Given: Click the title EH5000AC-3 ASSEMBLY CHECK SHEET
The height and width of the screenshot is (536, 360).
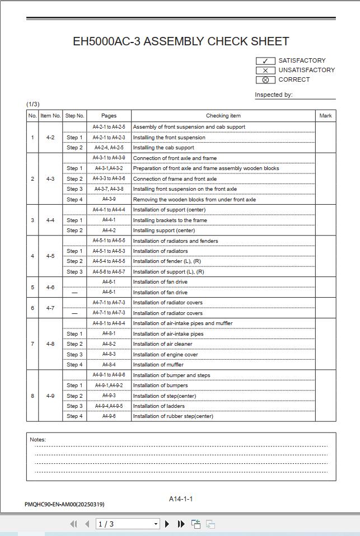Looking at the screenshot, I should click(181, 41).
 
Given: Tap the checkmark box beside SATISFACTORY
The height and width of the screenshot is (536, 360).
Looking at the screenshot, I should click(265, 61).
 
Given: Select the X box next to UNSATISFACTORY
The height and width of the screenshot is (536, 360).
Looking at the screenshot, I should click(265, 70).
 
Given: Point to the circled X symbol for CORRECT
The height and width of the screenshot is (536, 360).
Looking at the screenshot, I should click(265, 80).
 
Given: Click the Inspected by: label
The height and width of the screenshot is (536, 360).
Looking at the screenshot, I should click(273, 95).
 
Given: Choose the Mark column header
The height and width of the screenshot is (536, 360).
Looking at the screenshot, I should click(325, 116).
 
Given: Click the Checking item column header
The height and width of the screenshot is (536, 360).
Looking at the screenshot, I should click(223, 116).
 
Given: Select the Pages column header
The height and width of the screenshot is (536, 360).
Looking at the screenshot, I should click(109, 116).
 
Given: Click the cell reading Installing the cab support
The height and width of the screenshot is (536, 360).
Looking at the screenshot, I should click(163, 148).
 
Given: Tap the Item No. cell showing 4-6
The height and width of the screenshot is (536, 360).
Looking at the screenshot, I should click(50, 287).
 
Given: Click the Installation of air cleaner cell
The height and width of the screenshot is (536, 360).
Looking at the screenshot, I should click(162, 344).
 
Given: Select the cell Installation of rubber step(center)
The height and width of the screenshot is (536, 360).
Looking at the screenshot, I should click(173, 416).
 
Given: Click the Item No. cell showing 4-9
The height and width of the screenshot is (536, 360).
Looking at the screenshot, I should click(50, 396).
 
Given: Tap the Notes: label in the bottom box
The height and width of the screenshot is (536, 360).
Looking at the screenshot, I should click(38, 440).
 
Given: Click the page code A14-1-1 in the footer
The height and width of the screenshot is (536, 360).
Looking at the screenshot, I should click(181, 499).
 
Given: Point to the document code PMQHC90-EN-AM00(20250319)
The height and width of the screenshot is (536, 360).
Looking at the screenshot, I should click(64, 505).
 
